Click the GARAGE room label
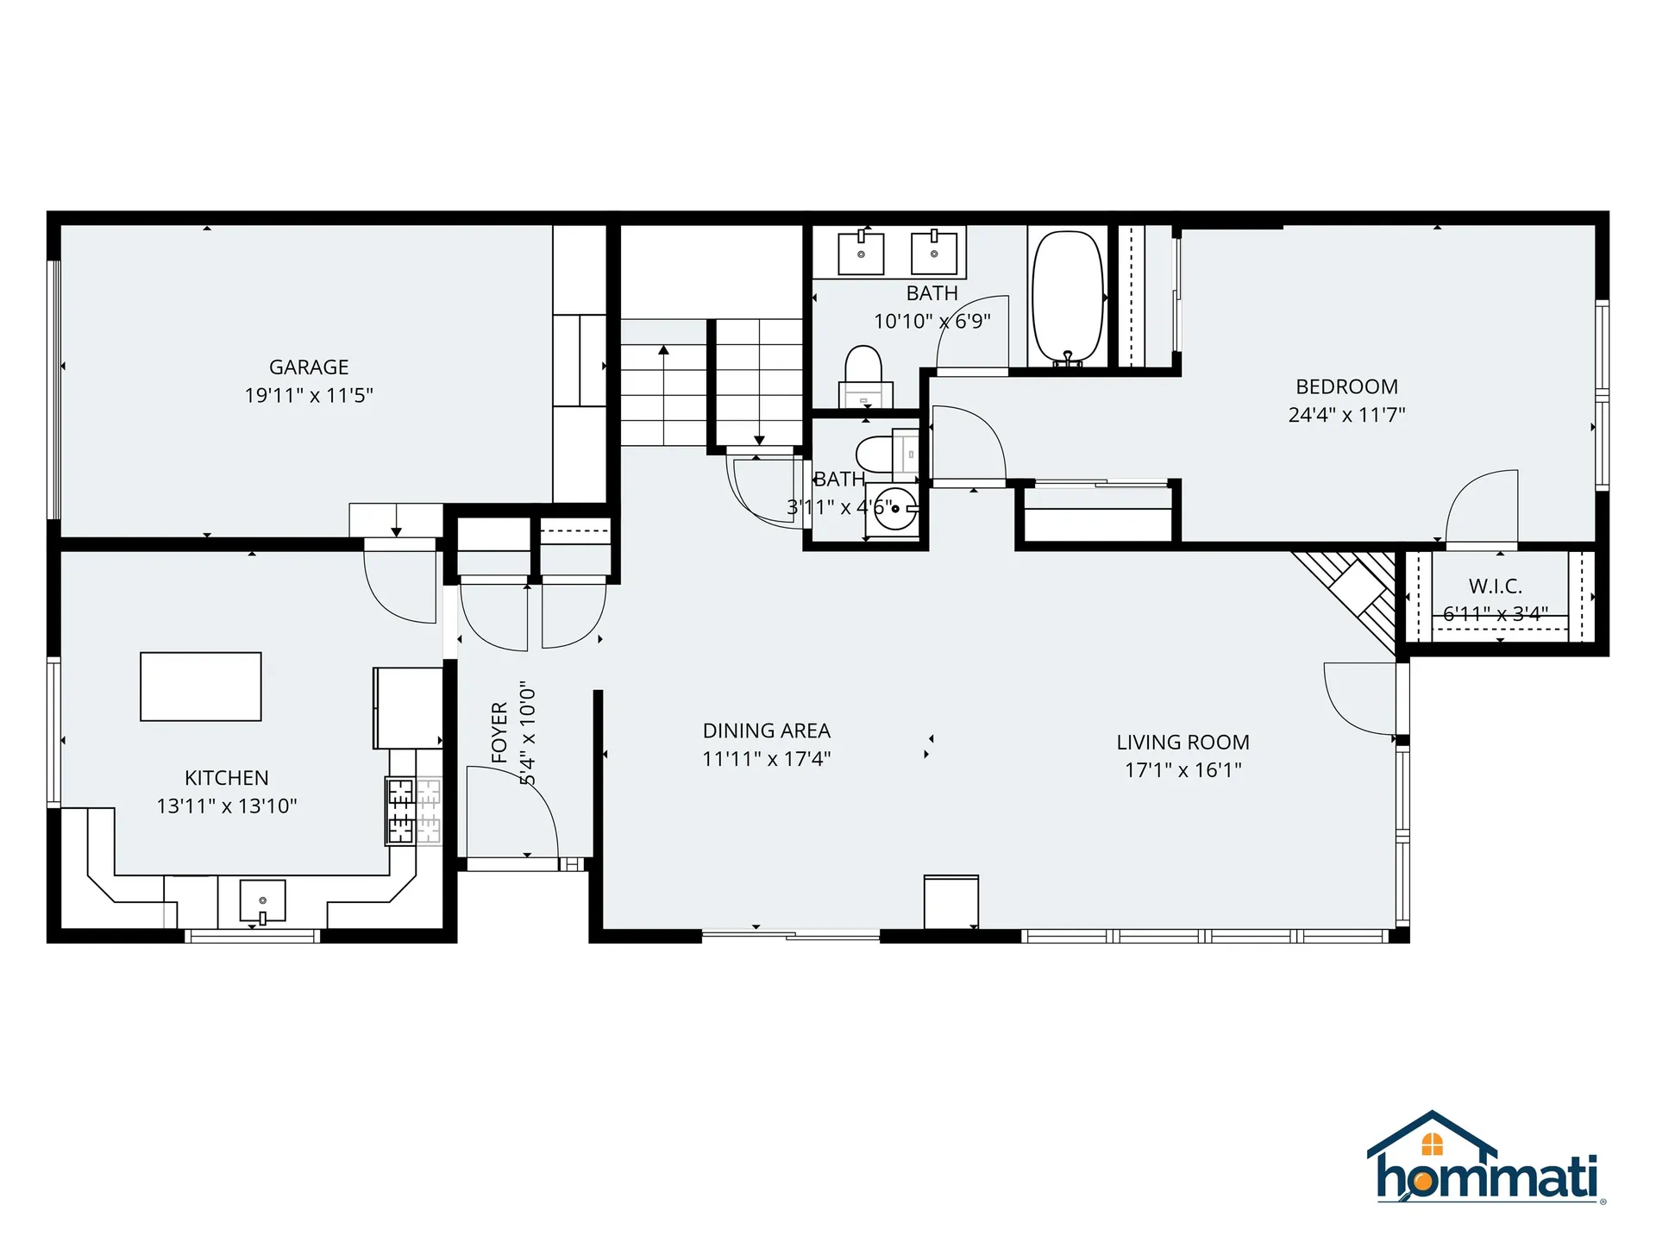point(309,367)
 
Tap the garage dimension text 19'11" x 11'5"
point(309,395)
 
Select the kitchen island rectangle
point(201,687)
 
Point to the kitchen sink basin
point(262,900)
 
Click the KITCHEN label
point(226,778)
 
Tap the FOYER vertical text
point(499,733)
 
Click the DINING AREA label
point(766,731)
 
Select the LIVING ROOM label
point(1182,742)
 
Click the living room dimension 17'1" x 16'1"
point(1182,769)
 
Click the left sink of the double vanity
point(861,253)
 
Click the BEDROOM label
point(1346,386)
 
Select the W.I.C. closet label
point(1495,586)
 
